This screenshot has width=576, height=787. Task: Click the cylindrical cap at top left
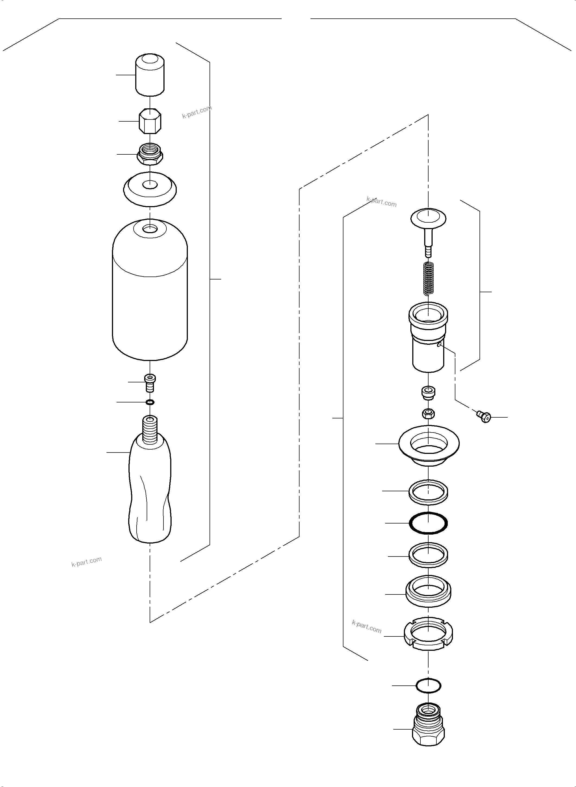[150, 75]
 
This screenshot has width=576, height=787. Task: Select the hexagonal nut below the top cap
[150, 121]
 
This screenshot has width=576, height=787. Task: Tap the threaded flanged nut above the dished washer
[150, 154]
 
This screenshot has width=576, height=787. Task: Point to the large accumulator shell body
[150, 296]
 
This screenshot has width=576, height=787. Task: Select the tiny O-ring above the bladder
[150, 402]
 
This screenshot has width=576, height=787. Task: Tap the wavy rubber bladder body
[150, 495]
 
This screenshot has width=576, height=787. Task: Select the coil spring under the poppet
[428, 279]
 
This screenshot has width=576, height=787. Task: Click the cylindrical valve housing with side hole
[428, 338]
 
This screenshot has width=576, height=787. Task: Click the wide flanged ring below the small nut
[429, 444]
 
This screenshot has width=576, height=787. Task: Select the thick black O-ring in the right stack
[428, 523]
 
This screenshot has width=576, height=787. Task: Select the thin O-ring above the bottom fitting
[428, 686]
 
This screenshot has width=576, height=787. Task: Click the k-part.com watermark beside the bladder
[86, 562]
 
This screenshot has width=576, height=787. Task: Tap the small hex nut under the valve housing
[428, 414]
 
